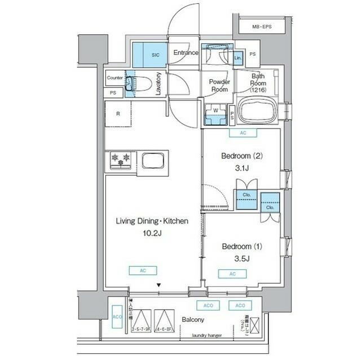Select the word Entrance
[x=186, y=53]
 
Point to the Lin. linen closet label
[x=238, y=58]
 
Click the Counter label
[x=115, y=78]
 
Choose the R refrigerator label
[x=118, y=113]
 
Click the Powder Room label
[x=218, y=85]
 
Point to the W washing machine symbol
[x=215, y=110]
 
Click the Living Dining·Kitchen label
[x=152, y=221]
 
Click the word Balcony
[x=193, y=319]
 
